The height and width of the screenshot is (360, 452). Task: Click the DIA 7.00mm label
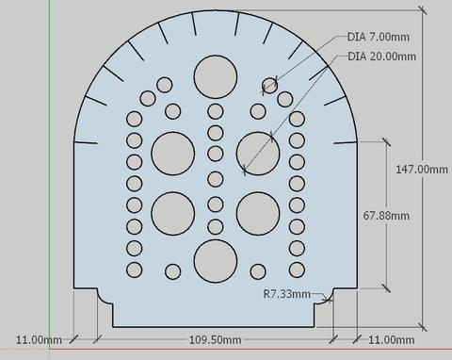pyautogui.click(x=379, y=37)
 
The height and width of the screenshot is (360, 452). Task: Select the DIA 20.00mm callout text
pyautogui.click(x=381, y=57)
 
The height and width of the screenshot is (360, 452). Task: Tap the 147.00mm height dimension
pyautogui.click(x=422, y=170)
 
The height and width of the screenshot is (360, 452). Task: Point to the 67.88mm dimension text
pyautogui.click(x=386, y=216)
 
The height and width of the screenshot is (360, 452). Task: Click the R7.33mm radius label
pyautogui.click(x=287, y=294)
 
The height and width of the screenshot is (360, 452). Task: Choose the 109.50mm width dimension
pyautogui.click(x=216, y=339)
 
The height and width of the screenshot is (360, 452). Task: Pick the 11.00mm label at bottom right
pyautogui.click(x=392, y=339)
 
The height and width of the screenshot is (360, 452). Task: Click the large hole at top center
pyautogui.click(x=216, y=76)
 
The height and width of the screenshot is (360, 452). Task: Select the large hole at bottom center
pyautogui.click(x=216, y=261)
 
